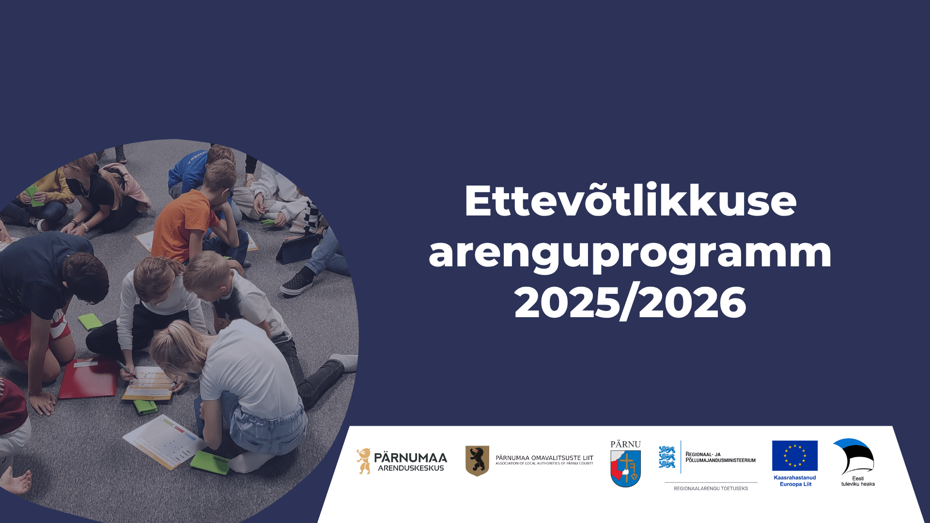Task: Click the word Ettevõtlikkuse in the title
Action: click(630, 200)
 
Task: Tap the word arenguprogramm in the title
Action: click(630, 253)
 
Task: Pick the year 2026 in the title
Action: click(693, 303)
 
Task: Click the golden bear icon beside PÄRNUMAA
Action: click(364, 461)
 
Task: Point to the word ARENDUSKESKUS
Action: click(411, 468)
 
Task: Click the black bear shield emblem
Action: click(477, 461)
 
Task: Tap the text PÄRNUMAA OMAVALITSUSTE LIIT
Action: click(544, 458)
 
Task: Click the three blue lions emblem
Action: click(667, 457)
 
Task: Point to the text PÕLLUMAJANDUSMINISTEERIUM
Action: click(721, 460)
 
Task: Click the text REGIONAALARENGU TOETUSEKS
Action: click(711, 489)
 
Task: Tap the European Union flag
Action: click(795, 456)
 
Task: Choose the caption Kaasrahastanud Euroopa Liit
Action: click(795, 481)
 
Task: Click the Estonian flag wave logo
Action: click(854, 456)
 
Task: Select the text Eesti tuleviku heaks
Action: click(858, 481)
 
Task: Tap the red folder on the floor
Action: click(89, 379)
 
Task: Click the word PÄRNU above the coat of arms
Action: click(625, 444)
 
